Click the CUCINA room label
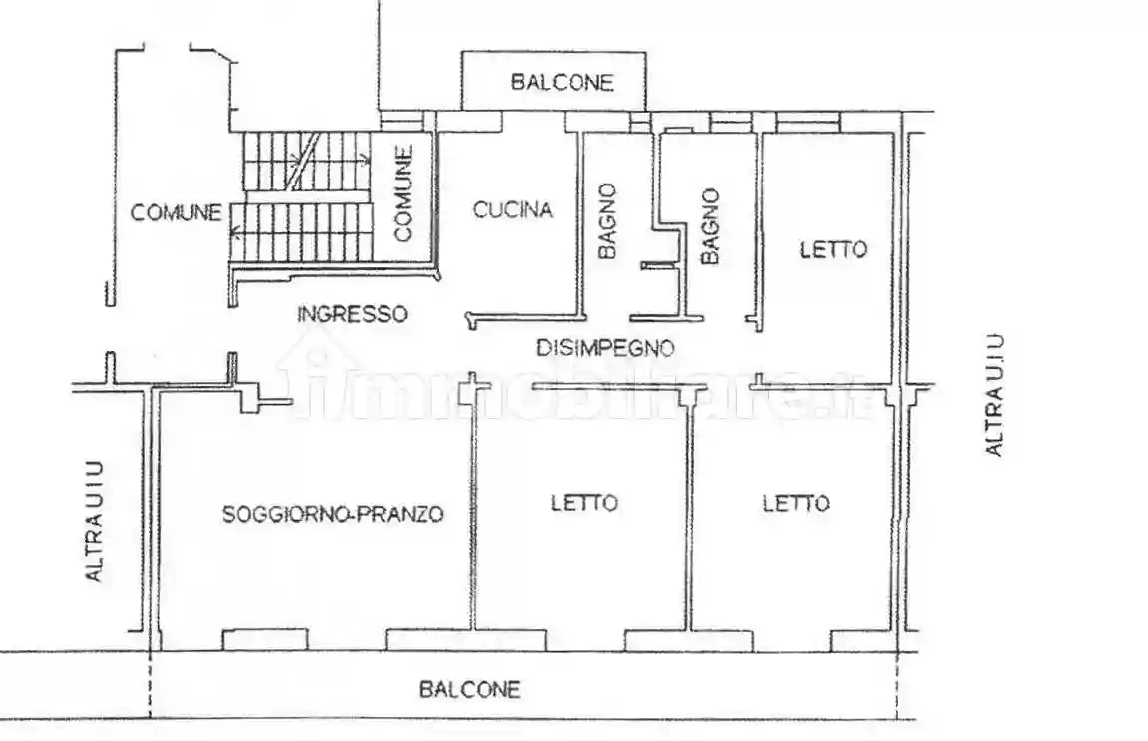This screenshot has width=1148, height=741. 513,210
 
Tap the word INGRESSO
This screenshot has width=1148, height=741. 352,314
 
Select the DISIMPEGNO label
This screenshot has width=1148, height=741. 605,348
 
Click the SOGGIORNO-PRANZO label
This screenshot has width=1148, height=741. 332,515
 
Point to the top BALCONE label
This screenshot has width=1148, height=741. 563,83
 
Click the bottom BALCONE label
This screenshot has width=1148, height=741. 470,689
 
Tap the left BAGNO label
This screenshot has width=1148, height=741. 608,221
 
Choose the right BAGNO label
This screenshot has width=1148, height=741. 710,227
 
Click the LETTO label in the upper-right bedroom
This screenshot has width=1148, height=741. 833,249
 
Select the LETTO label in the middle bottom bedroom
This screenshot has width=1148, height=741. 584,503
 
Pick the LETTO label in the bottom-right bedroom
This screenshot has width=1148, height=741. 795,503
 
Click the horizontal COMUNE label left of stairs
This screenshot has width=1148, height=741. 177,212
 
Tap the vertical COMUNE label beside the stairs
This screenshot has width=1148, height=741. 404,193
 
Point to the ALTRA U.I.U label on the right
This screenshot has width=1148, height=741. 994,395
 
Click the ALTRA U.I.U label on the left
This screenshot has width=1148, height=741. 94,521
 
